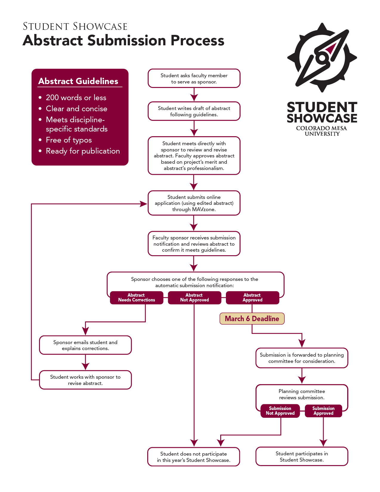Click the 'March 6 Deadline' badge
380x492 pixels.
pyautogui.click(x=252, y=318)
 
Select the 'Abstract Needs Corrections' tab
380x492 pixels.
pyautogui.click(x=137, y=298)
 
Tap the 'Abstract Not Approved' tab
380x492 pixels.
pyautogui.click(x=194, y=298)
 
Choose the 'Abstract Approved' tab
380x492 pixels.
pyautogui.click(x=252, y=298)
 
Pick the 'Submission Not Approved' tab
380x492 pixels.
pyautogui.click(x=280, y=411)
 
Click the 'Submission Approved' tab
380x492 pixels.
pyautogui.click(x=323, y=411)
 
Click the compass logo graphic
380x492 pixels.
pyautogui.click(x=322, y=57)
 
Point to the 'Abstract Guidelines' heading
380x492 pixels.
pyautogui.click(x=78, y=81)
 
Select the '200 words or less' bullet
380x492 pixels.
pyautogui.click(x=76, y=98)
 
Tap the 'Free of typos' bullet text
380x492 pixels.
pyautogui.click(x=69, y=140)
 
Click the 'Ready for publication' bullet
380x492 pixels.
pyautogui.click(x=83, y=151)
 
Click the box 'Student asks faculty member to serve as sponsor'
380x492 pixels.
pyautogui.click(x=194, y=78)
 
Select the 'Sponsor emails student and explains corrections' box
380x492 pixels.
pyautogui.click(x=85, y=345)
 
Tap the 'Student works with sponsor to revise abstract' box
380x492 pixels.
pyautogui.click(x=85, y=380)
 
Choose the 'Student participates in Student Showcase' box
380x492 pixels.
pyautogui.click(x=302, y=457)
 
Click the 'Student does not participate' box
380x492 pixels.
pyautogui.click(x=194, y=457)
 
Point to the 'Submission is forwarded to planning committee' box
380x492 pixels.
pyautogui.click(x=302, y=358)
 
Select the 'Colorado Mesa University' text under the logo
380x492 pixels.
pyautogui.click(x=322, y=131)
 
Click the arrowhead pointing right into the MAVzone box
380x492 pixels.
pyautogui.click(x=144, y=204)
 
